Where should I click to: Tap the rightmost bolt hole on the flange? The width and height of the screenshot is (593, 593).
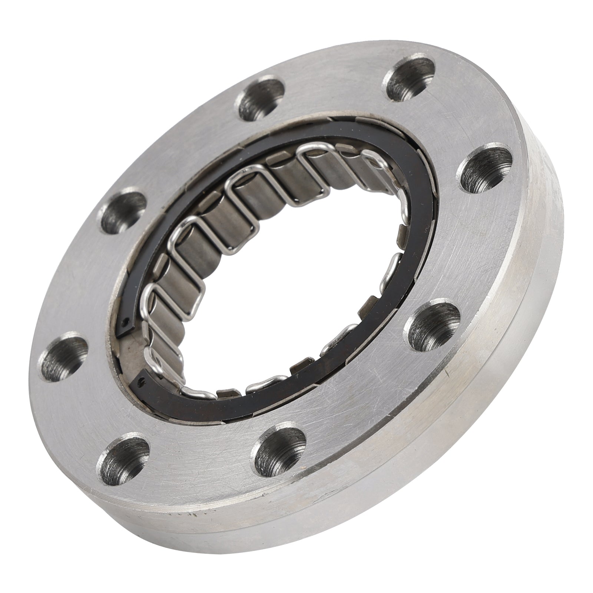(484, 165)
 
